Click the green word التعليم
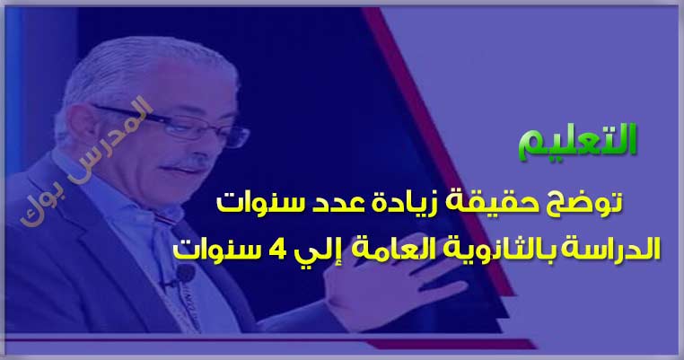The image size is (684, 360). [x=577, y=141]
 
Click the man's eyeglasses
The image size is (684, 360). [x=174, y=125]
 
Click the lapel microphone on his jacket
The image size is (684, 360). [x=184, y=274]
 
